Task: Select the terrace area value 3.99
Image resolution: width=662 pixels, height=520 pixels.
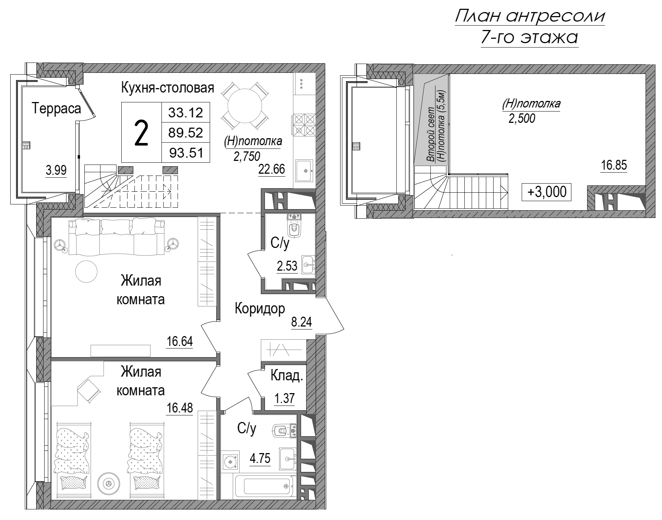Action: pyautogui.click(x=56, y=170)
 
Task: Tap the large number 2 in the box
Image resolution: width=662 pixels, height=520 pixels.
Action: pyautogui.click(x=141, y=133)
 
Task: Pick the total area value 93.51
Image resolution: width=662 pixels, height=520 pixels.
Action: pyautogui.click(x=186, y=152)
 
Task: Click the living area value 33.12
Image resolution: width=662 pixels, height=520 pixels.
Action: pyautogui.click(x=186, y=112)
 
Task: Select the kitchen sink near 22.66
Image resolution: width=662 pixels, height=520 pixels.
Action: pyautogui.click(x=304, y=170)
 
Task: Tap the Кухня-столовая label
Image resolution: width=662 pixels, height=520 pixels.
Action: pyautogui.click(x=167, y=88)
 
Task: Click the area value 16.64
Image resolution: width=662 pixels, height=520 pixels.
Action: pyautogui.click(x=179, y=342)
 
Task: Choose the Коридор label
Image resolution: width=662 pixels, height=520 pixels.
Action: pyautogui.click(x=259, y=309)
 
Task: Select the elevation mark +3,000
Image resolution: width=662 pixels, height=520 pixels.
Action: pyautogui.click(x=547, y=192)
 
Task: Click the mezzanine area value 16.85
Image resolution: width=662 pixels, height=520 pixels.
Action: pyautogui.click(x=614, y=165)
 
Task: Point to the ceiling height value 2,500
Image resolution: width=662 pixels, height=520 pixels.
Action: pyautogui.click(x=522, y=118)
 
